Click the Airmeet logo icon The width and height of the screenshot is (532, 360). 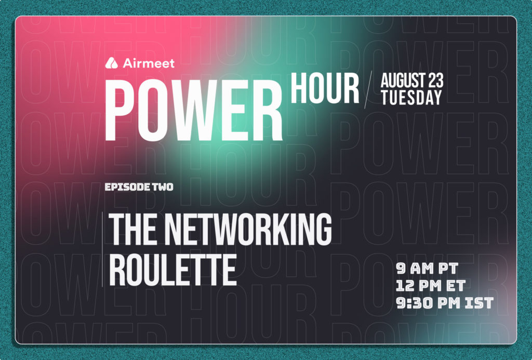[x=111, y=63]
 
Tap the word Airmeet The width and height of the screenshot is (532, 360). [x=149, y=63]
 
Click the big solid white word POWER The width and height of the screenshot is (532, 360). [x=194, y=110]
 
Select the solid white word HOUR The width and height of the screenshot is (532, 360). [x=325, y=88]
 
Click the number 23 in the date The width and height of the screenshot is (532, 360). [x=436, y=81]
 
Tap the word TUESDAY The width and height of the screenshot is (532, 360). [x=411, y=97]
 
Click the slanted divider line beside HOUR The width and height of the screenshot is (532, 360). [x=368, y=89]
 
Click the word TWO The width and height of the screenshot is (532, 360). [x=163, y=187]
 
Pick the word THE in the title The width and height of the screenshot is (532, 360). [x=132, y=229]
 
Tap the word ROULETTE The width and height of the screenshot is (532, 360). [x=172, y=271]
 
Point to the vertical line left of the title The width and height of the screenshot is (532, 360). [x=102, y=249]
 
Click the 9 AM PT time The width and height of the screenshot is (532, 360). [x=427, y=269]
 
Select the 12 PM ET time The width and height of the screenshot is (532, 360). [x=431, y=286]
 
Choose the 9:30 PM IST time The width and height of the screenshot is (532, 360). [x=445, y=303]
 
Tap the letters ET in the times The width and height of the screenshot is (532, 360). [x=456, y=286]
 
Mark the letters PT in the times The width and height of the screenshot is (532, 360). [x=448, y=269]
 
